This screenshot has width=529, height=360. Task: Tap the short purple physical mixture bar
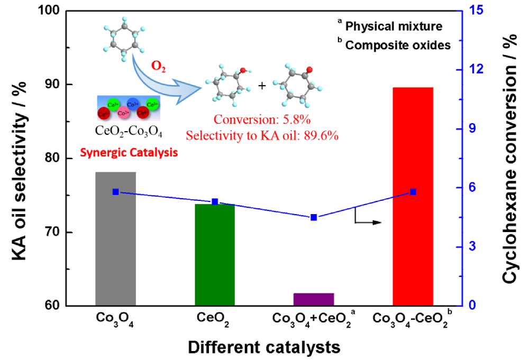(x=314, y=299)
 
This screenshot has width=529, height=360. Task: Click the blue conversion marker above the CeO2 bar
(x=215, y=201)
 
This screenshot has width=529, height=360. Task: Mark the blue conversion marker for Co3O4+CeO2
(x=314, y=217)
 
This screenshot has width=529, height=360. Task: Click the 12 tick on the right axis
(x=472, y=70)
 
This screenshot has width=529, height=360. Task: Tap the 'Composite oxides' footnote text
(x=397, y=45)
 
